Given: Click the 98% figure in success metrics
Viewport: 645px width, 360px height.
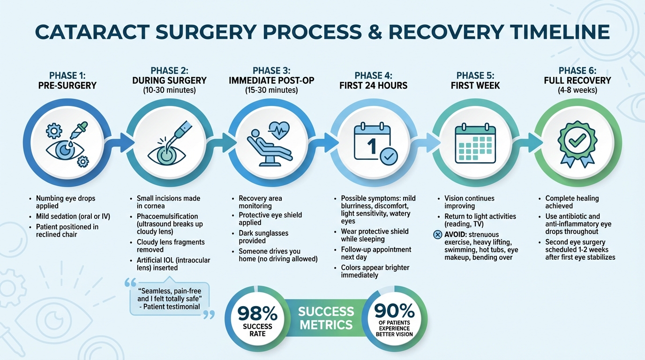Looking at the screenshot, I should (257, 313).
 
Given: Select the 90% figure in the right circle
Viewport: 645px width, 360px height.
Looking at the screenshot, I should (394, 310).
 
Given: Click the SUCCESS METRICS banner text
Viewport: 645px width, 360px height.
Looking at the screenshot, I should (326, 318).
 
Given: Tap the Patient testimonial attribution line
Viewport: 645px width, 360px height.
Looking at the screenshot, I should (171, 307).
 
